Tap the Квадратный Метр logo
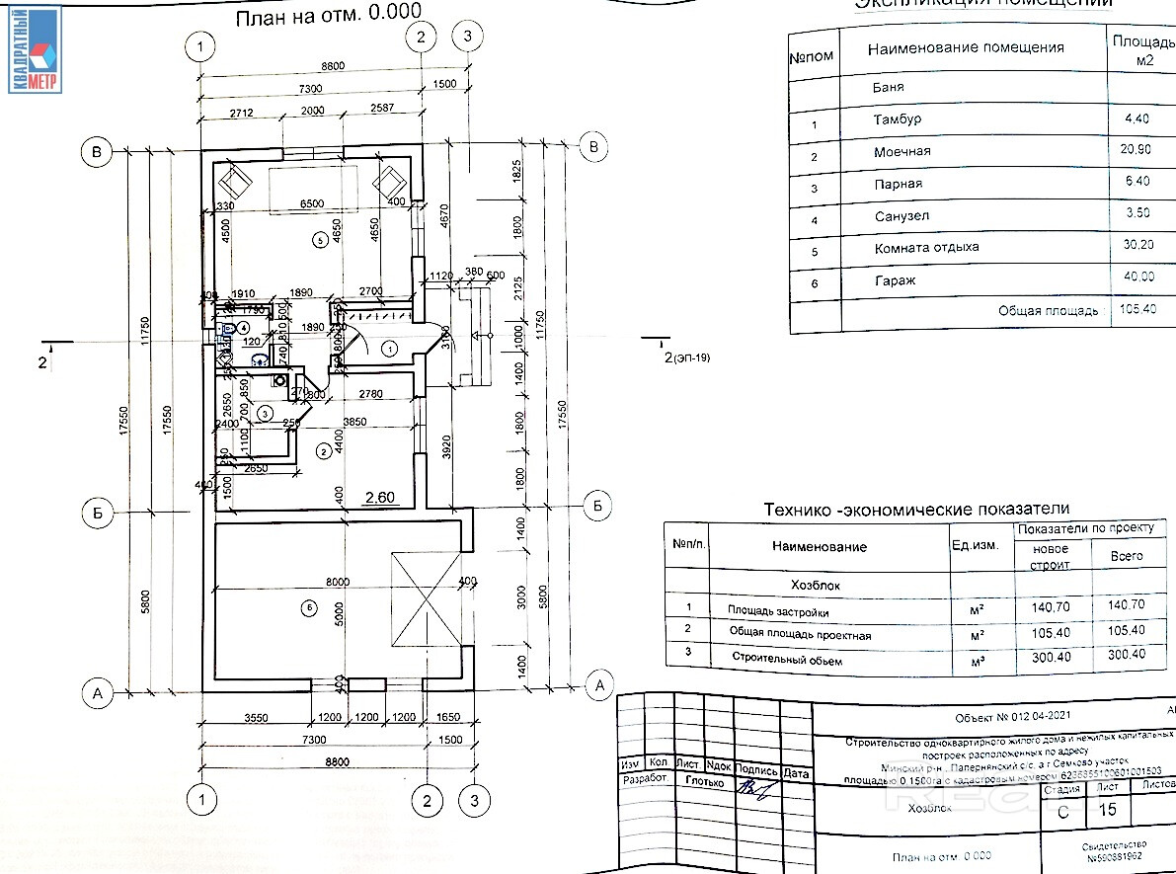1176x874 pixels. [36, 48]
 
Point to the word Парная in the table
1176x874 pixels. [898, 184]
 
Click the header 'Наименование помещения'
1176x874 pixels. [965, 47]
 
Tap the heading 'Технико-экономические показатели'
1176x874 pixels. [916, 509]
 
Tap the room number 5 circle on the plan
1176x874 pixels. [318, 239]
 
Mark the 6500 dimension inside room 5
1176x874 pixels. [311, 203]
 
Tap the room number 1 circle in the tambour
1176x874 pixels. [389, 348]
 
